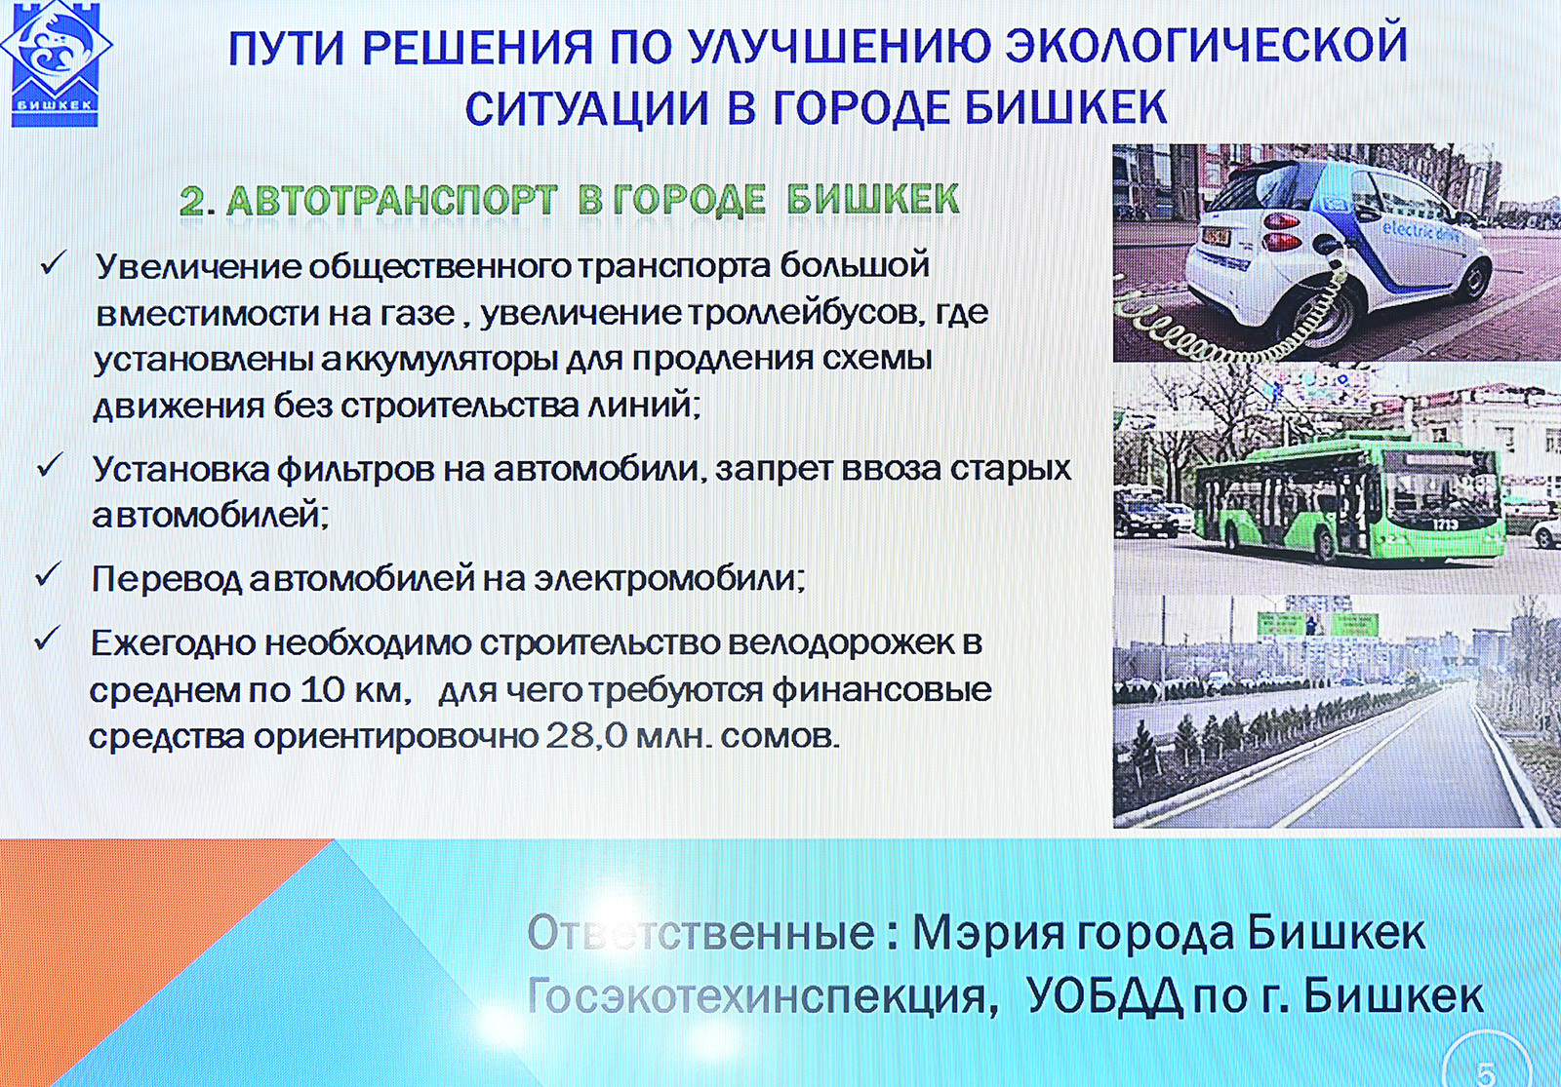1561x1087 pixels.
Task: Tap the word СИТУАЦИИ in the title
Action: click(x=586, y=108)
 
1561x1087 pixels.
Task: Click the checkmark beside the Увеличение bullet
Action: click(x=53, y=263)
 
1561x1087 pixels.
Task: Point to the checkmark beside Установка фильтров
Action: click(x=50, y=466)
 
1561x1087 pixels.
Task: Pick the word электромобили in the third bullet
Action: click(x=668, y=579)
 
